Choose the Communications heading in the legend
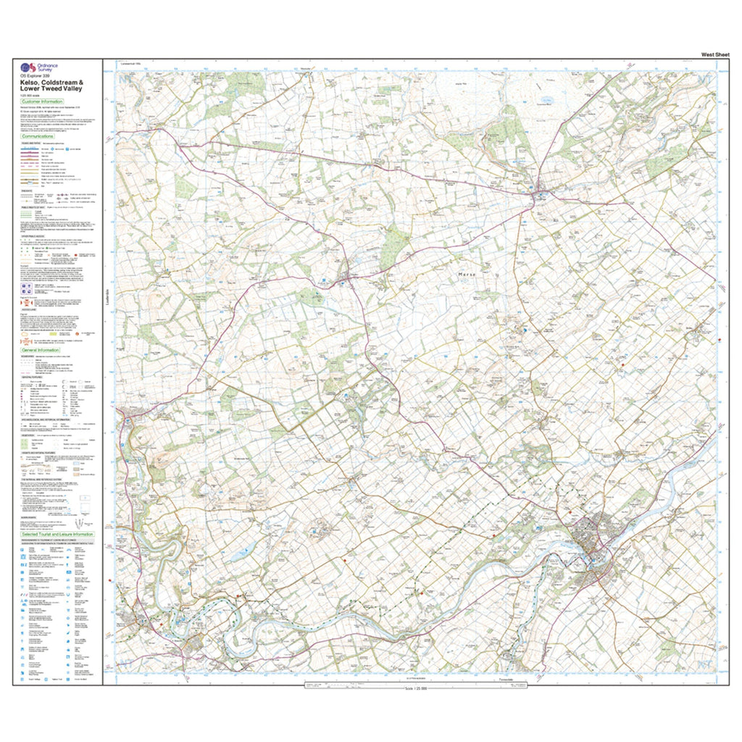[42, 136]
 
